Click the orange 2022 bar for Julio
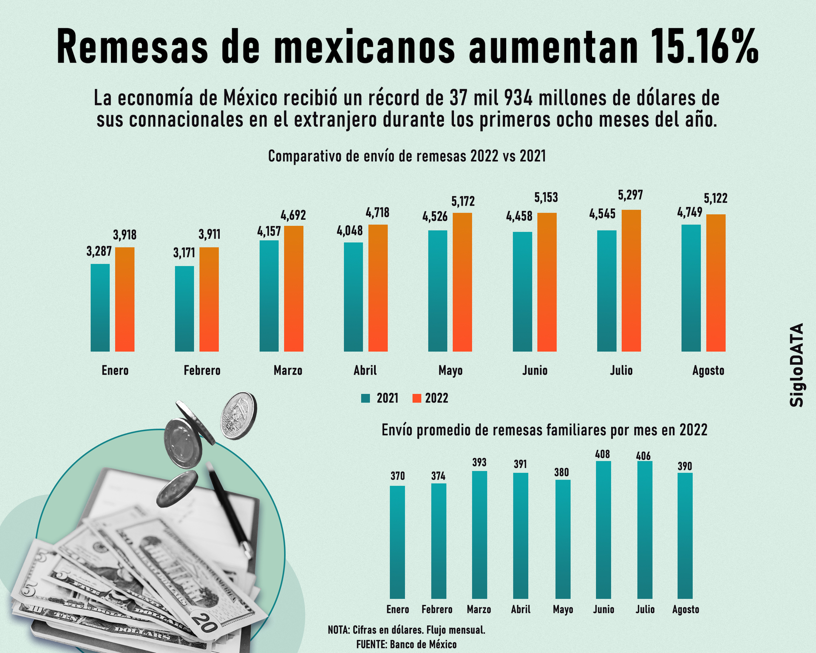click(x=631, y=281)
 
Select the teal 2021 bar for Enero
click(x=100, y=307)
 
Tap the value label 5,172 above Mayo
click(x=463, y=201)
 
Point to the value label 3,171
click(x=184, y=253)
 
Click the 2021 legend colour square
click(x=365, y=398)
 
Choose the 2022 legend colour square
click(x=416, y=398)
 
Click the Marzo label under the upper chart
click(x=288, y=371)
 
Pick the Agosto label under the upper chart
click(x=708, y=371)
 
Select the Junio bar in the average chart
click(x=603, y=530)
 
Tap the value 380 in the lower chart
click(x=561, y=472)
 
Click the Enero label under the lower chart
click(x=397, y=610)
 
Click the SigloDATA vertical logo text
click(x=797, y=365)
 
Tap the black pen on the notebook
click(x=229, y=510)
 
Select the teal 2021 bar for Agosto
click(x=691, y=288)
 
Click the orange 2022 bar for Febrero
click(x=209, y=299)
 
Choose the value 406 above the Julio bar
click(x=643, y=456)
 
